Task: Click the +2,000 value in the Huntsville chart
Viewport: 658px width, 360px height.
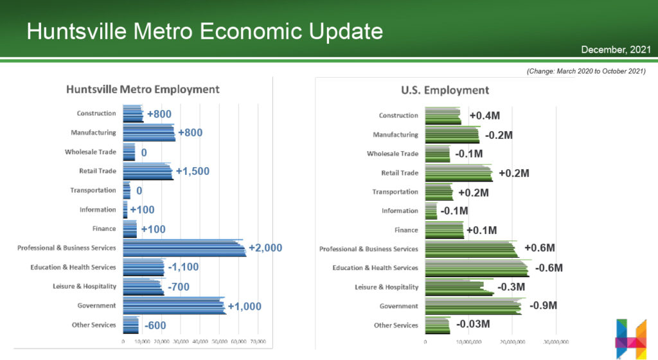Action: [265, 248]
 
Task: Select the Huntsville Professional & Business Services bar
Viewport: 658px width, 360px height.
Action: [184, 248]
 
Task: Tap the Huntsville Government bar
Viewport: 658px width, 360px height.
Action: [173, 306]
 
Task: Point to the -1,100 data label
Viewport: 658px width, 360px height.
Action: [183, 267]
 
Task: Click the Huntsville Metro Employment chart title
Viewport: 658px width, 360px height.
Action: [143, 89]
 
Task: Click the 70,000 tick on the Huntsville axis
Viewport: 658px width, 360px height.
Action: [258, 341]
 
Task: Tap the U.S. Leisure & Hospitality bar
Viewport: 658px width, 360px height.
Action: [458, 287]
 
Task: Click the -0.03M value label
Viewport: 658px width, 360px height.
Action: [473, 324]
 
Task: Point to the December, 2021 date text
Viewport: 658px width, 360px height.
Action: [616, 50]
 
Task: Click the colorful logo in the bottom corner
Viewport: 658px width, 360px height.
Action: [630, 337]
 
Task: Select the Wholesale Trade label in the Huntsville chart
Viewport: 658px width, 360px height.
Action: [91, 152]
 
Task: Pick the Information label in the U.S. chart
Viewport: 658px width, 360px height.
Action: [400, 211]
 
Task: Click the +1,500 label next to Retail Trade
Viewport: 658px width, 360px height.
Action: [193, 172]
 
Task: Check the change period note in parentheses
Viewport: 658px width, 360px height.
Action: [585, 71]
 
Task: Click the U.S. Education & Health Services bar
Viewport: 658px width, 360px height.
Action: [476, 268]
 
